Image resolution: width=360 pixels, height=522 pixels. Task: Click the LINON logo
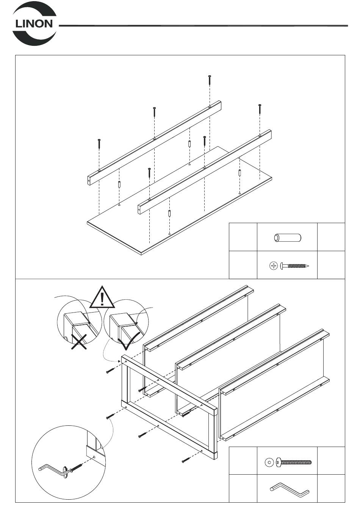tap(34, 23)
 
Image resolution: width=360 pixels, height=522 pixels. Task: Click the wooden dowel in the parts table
tap(287, 238)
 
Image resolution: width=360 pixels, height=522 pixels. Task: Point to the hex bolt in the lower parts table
tap(294, 462)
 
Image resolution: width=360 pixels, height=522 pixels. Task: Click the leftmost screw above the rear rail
tap(99, 144)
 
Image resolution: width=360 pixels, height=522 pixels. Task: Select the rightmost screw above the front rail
tap(260, 109)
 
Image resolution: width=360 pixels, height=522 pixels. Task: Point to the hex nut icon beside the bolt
tap(269, 462)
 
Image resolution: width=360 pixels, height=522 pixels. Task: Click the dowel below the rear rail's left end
tap(119, 185)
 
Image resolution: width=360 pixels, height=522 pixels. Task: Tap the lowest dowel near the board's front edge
tap(169, 213)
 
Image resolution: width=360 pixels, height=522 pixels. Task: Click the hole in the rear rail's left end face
tap(89, 181)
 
